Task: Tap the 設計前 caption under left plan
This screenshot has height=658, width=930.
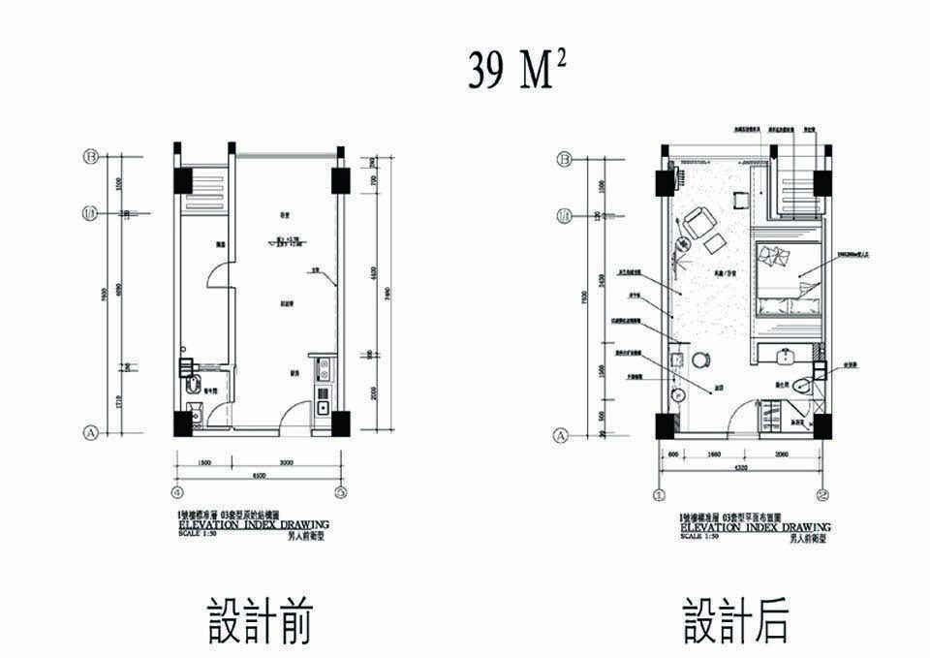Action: [259, 621]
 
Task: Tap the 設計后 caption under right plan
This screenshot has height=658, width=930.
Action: [735, 621]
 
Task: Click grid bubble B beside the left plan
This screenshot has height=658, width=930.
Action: [93, 155]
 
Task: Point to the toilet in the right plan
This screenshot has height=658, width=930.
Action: [802, 386]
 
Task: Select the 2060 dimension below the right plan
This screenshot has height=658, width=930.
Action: [783, 454]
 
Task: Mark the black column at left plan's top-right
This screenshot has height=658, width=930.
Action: [340, 181]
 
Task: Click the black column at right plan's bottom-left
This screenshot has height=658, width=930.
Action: [665, 425]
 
